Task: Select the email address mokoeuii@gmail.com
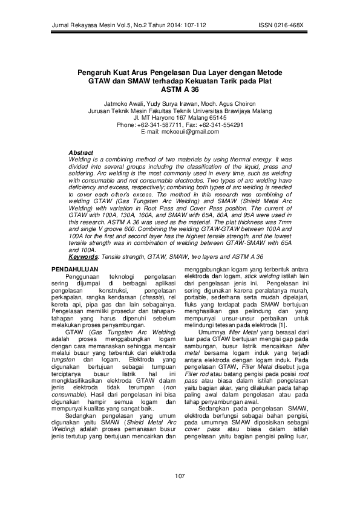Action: coord(180,131)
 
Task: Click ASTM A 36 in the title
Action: coord(180,88)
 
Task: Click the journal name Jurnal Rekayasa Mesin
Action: coord(71,27)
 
